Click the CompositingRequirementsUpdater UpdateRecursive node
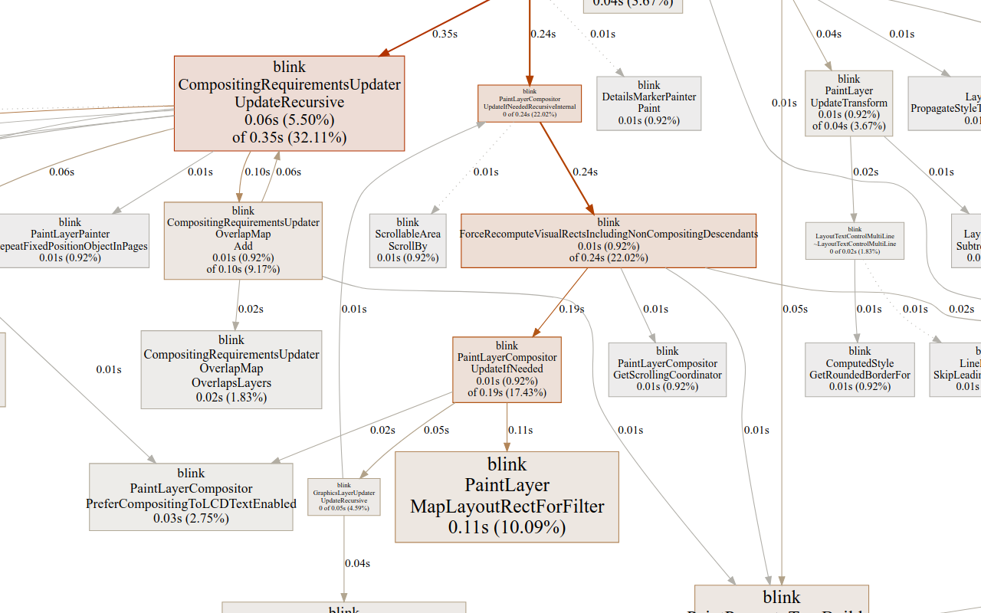pyautogui.click(x=289, y=103)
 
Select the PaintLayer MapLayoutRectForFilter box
pyautogui.click(x=507, y=497)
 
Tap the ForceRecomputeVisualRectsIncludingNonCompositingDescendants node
pyautogui.click(x=608, y=240)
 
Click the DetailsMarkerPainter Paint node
pyautogui.click(x=648, y=103)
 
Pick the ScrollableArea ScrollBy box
pyautogui.click(x=408, y=240)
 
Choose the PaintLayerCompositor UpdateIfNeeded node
pyautogui.click(x=507, y=369)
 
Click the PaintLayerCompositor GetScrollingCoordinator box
pyautogui.click(x=667, y=369)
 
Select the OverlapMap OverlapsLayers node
pyautogui.click(x=231, y=369)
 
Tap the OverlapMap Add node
pyautogui.click(x=243, y=240)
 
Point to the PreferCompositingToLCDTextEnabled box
pyautogui.click(x=191, y=497)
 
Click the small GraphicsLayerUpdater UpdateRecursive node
pyautogui.click(x=343, y=497)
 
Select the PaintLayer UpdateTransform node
pyautogui.click(x=848, y=103)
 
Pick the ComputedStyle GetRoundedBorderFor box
pyautogui.click(x=859, y=369)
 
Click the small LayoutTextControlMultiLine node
pyautogui.click(x=855, y=240)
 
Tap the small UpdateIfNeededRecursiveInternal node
pyautogui.click(x=529, y=103)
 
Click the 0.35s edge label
pyautogui.click(x=445, y=34)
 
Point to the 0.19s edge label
pyautogui.click(x=571, y=309)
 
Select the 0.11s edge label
pyautogui.click(x=520, y=430)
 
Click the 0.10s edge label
pyautogui.click(x=257, y=172)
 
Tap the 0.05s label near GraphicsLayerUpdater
pyautogui.click(x=436, y=430)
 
